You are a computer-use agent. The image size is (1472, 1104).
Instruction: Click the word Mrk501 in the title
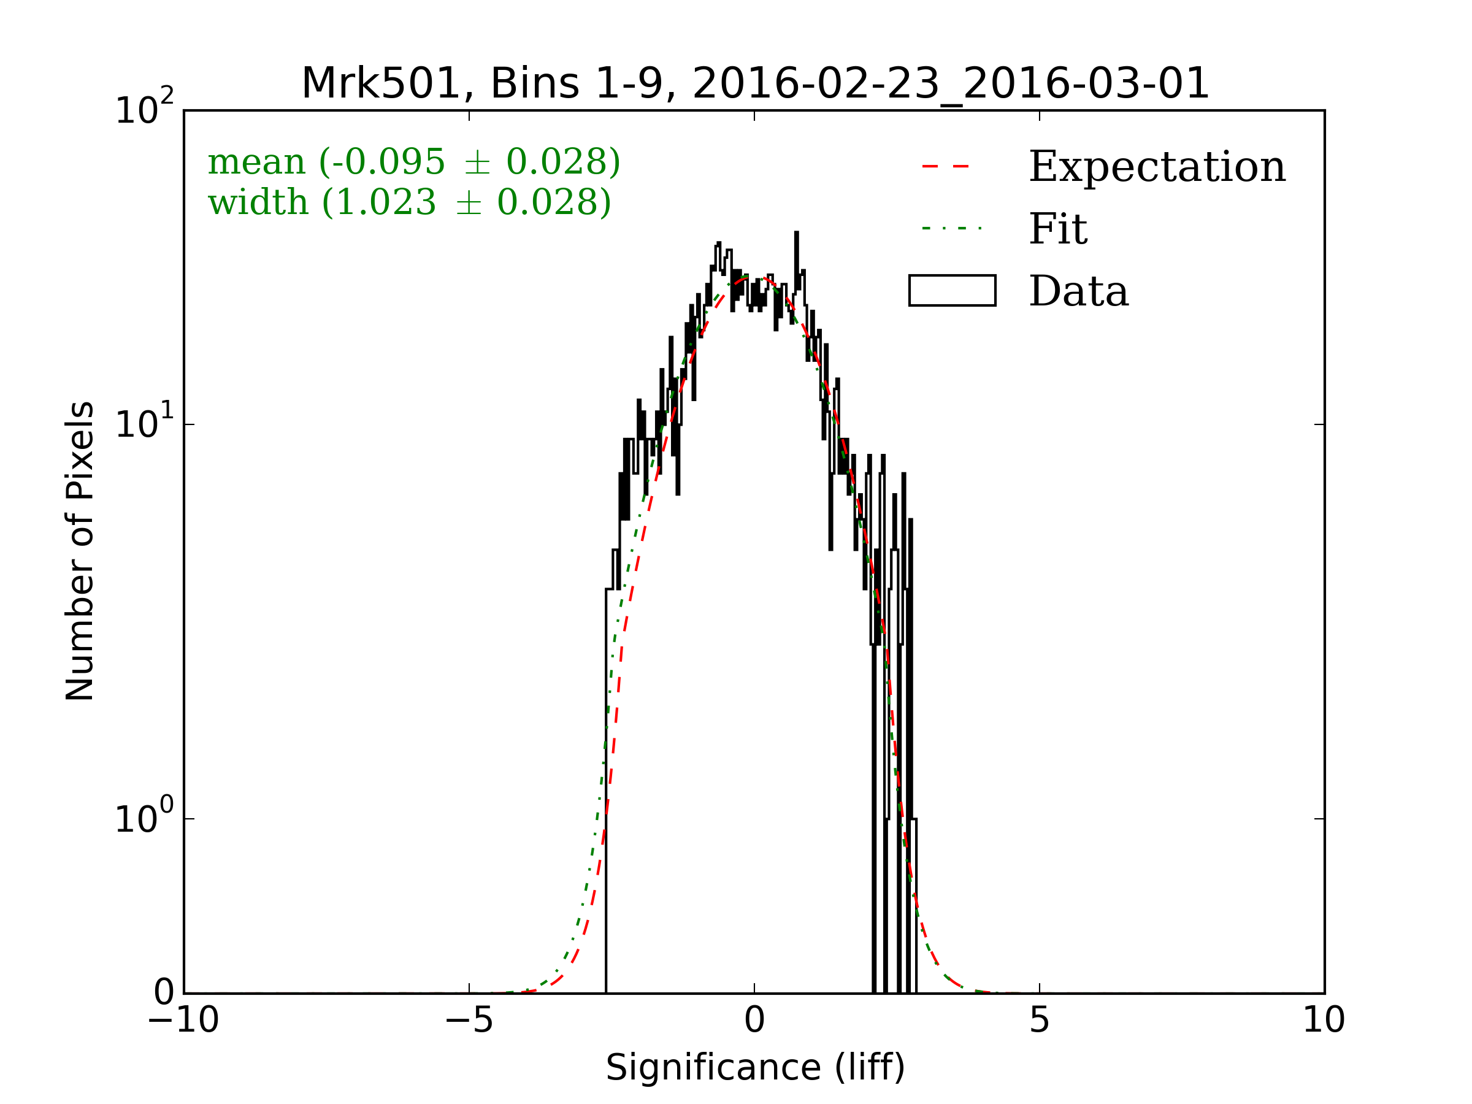coord(381,84)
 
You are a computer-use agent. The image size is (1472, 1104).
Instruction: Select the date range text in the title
coord(950,84)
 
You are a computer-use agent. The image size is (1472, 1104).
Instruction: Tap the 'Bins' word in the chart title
coord(534,84)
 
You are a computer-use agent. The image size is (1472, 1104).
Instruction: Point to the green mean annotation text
coord(414,162)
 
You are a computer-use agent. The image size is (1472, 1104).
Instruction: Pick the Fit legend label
coord(1058,229)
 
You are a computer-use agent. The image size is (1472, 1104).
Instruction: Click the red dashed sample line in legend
coord(945,166)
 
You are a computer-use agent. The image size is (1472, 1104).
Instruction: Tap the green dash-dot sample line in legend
coord(952,229)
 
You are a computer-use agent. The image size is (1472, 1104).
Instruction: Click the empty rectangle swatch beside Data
coord(953,291)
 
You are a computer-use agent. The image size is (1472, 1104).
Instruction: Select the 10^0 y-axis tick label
coord(144,817)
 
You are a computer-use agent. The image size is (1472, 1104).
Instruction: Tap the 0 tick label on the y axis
coord(164,993)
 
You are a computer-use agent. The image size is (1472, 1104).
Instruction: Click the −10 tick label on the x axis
coord(183,1020)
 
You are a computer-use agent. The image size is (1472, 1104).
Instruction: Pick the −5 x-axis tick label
coord(469,1020)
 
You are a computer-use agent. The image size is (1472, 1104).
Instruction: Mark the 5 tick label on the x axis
coord(1040,1020)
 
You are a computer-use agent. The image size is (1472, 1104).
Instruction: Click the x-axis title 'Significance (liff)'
coord(755,1068)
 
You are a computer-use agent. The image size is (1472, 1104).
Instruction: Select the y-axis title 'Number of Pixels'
coord(80,551)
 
